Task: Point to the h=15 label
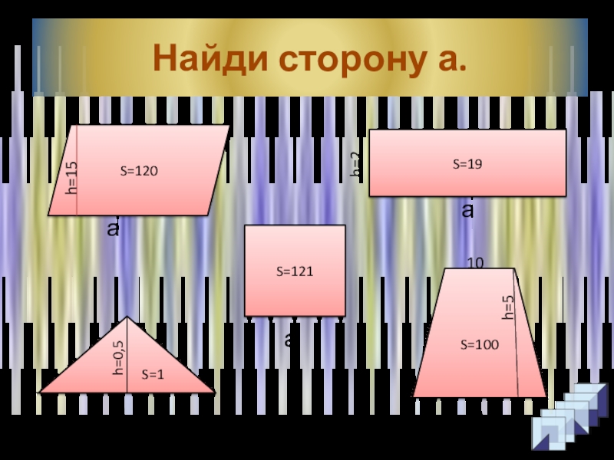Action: (71, 177)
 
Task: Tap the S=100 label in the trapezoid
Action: (479, 346)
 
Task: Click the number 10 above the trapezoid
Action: (475, 263)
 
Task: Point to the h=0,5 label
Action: (118, 357)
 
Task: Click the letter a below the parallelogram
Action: (113, 228)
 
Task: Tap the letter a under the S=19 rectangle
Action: (467, 210)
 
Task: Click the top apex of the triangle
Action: (127, 317)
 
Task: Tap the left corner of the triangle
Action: (41, 392)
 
